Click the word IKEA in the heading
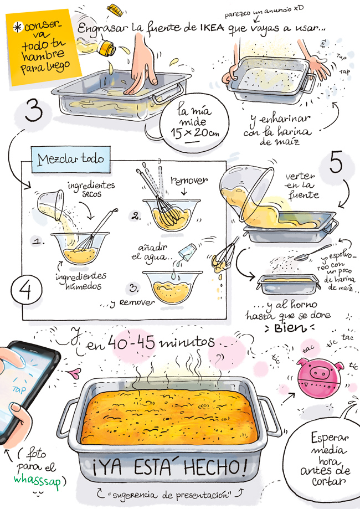pos(212,28)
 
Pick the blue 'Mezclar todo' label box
pos(70,160)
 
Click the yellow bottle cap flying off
pos(116,10)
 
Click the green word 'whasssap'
pos(37,481)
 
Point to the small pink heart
pos(75,373)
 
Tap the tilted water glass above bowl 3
pos(187,251)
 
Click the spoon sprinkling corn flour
pos(312,253)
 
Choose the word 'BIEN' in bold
pos(290,328)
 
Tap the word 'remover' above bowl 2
pos(189,180)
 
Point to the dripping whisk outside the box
pos(224,256)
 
